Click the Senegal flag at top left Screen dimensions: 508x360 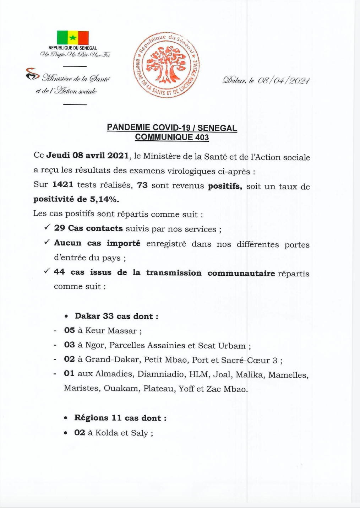[73, 38]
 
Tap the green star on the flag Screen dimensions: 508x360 [73, 38]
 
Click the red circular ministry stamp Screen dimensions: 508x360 [167, 65]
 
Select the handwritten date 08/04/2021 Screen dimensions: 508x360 [284, 80]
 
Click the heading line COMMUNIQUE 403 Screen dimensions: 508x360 [172, 137]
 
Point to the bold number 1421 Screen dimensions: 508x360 [63, 184]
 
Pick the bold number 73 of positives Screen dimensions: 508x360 [142, 185]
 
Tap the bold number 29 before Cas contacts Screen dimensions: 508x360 [60, 228]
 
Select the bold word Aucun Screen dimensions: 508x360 [68, 243]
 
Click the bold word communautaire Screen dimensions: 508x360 [241, 273]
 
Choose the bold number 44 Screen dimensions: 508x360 [59, 272]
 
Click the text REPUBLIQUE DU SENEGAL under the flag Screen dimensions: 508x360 [73, 48]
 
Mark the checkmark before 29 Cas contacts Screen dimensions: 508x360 [47, 227]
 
